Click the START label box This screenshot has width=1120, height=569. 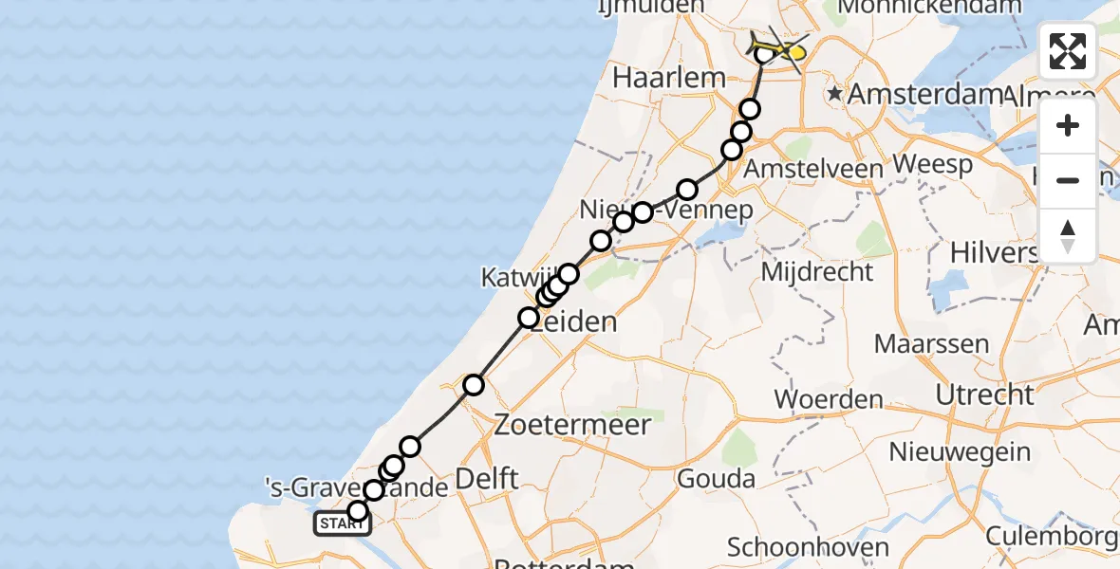coord(337,523)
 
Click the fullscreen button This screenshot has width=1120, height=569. coord(1068,51)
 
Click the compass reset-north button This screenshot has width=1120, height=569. coord(1068,236)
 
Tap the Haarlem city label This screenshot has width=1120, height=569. coord(669,78)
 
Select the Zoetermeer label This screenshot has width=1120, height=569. coord(572,424)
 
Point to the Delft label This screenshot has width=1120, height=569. coord(487,478)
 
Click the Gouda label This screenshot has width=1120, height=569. coord(717,478)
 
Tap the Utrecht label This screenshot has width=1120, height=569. coord(984,394)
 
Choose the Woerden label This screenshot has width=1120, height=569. coord(830,399)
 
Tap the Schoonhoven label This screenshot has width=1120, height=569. coord(808,547)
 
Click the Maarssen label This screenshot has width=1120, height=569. coord(931,343)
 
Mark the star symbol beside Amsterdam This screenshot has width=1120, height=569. coord(835,94)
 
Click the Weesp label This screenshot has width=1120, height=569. coord(933,164)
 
